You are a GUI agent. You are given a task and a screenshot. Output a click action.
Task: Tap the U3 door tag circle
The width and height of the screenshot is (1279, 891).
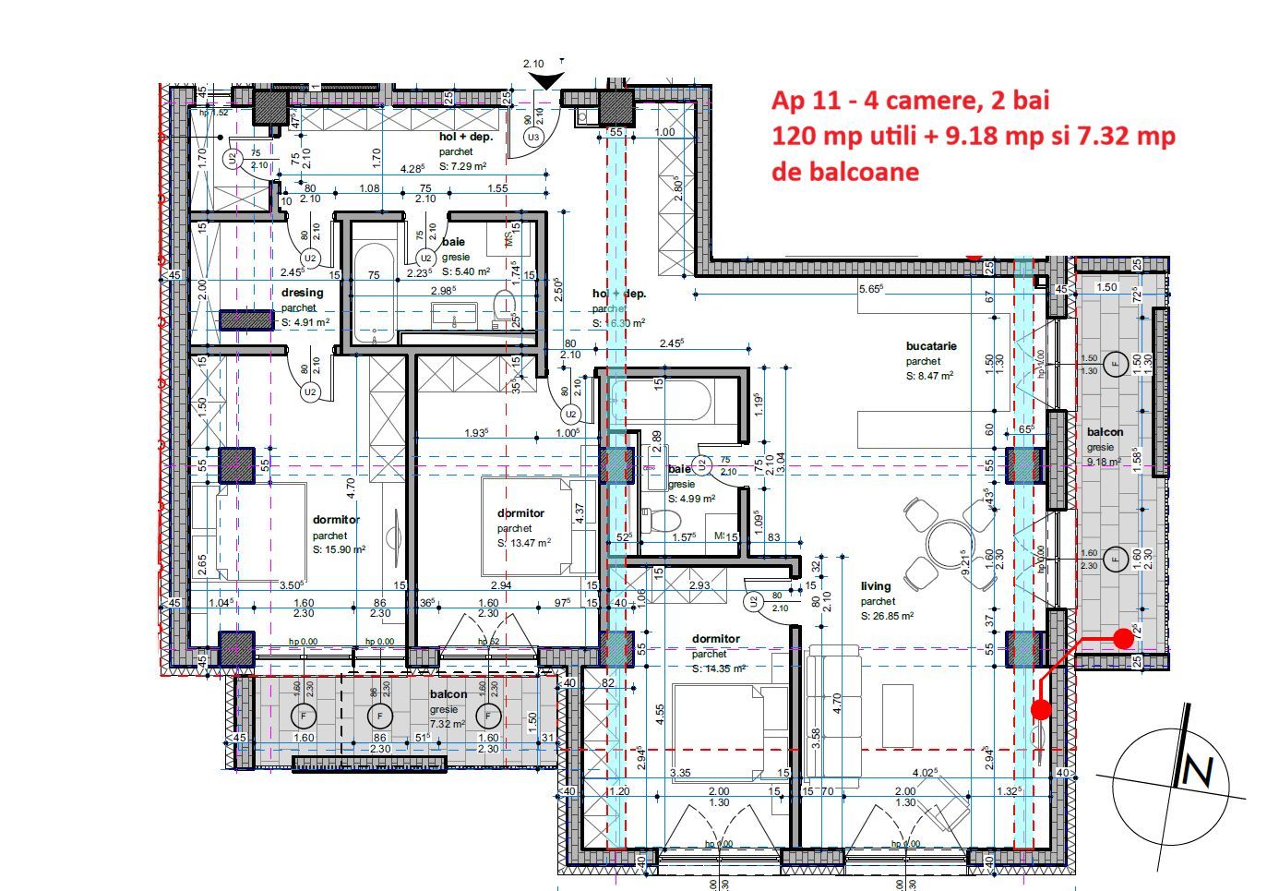pyautogui.click(x=532, y=138)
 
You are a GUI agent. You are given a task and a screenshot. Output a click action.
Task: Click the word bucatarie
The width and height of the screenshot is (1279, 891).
pyautogui.click(x=931, y=346)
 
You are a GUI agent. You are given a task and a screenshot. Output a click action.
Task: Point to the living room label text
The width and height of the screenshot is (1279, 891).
pyautogui.click(x=876, y=586)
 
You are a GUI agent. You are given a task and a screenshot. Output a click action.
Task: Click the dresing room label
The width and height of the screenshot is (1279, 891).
pyautogui.click(x=303, y=294)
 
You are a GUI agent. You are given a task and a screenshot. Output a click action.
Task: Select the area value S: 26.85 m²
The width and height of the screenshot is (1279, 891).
pyautogui.click(x=887, y=616)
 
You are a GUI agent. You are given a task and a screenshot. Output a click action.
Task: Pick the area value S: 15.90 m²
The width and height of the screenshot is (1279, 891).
pyautogui.click(x=339, y=549)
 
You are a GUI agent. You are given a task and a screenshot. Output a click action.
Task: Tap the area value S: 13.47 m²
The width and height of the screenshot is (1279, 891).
pyautogui.click(x=524, y=543)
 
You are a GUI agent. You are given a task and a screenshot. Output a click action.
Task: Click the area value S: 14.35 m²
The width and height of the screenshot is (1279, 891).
pyautogui.click(x=719, y=668)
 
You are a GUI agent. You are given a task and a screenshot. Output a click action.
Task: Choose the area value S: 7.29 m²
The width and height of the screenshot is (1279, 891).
pyautogui.click(x=462, y=166)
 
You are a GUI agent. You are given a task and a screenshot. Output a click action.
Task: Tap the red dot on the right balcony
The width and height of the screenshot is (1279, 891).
pyautogui.click(x=1123, y=638)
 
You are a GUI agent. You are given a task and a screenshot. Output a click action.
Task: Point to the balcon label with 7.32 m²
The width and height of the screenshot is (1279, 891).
pyautogui.click(x=448, y=694)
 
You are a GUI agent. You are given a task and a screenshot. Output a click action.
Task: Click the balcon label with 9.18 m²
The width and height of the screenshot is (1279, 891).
pyautogui.click(x=1105, y=432)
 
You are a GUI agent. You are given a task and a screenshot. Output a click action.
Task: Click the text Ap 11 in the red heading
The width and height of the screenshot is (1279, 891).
pyautogui.click(x=801, y=101)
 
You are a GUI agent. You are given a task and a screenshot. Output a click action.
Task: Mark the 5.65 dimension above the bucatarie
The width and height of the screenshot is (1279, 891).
pyautogui.click(x=870, y=289)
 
